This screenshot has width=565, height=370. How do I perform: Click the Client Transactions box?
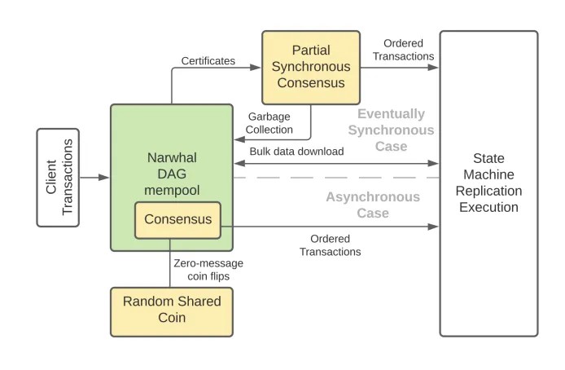pos(58,177)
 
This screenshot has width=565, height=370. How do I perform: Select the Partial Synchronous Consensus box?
pos(310,68)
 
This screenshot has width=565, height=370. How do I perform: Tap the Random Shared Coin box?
pos(172,311)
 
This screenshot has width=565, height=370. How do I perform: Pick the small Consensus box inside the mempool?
pos(178,219)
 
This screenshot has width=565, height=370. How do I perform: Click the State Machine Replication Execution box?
pos(488,183)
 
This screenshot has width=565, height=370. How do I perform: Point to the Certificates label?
pos(208,60)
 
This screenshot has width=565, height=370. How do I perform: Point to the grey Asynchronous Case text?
pos(373,205)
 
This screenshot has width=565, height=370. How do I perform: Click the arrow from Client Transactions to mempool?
pos(94,177)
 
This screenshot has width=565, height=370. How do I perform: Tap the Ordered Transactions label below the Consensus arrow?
pos(330,245)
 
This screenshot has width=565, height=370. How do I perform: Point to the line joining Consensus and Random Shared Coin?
pos(171,262)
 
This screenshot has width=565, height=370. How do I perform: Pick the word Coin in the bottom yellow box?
pos(172,319)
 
